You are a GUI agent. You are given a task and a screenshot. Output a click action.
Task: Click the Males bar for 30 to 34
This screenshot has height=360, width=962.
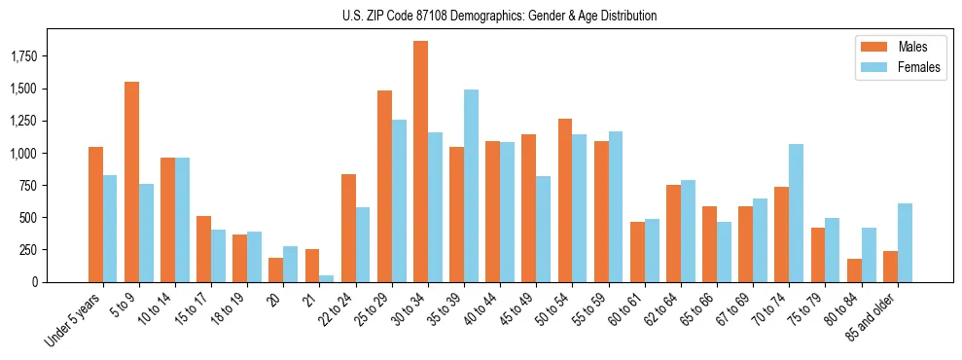(420, 162)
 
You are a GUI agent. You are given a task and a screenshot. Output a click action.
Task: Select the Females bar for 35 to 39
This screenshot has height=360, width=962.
(471, 186)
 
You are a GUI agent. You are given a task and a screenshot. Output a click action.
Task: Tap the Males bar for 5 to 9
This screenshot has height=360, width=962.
(131, 182)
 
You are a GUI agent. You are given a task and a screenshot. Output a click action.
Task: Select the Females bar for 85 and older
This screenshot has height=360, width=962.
(905, 242)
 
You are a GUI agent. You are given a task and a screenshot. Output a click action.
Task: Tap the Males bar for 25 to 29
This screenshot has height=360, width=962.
(384, 186)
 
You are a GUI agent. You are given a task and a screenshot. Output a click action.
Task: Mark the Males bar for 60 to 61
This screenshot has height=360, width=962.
(637, 252)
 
